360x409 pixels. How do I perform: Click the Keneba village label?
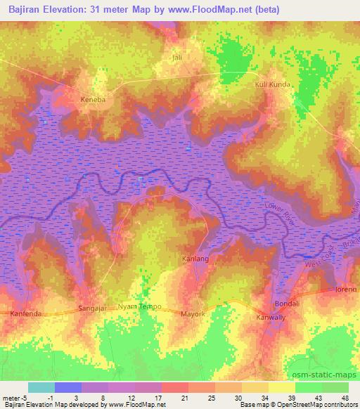coord(93,100)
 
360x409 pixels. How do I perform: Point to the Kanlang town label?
coord(198,259)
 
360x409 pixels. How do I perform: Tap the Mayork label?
coord(193,313)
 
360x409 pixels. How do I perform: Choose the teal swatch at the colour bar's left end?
coord(41,387)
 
